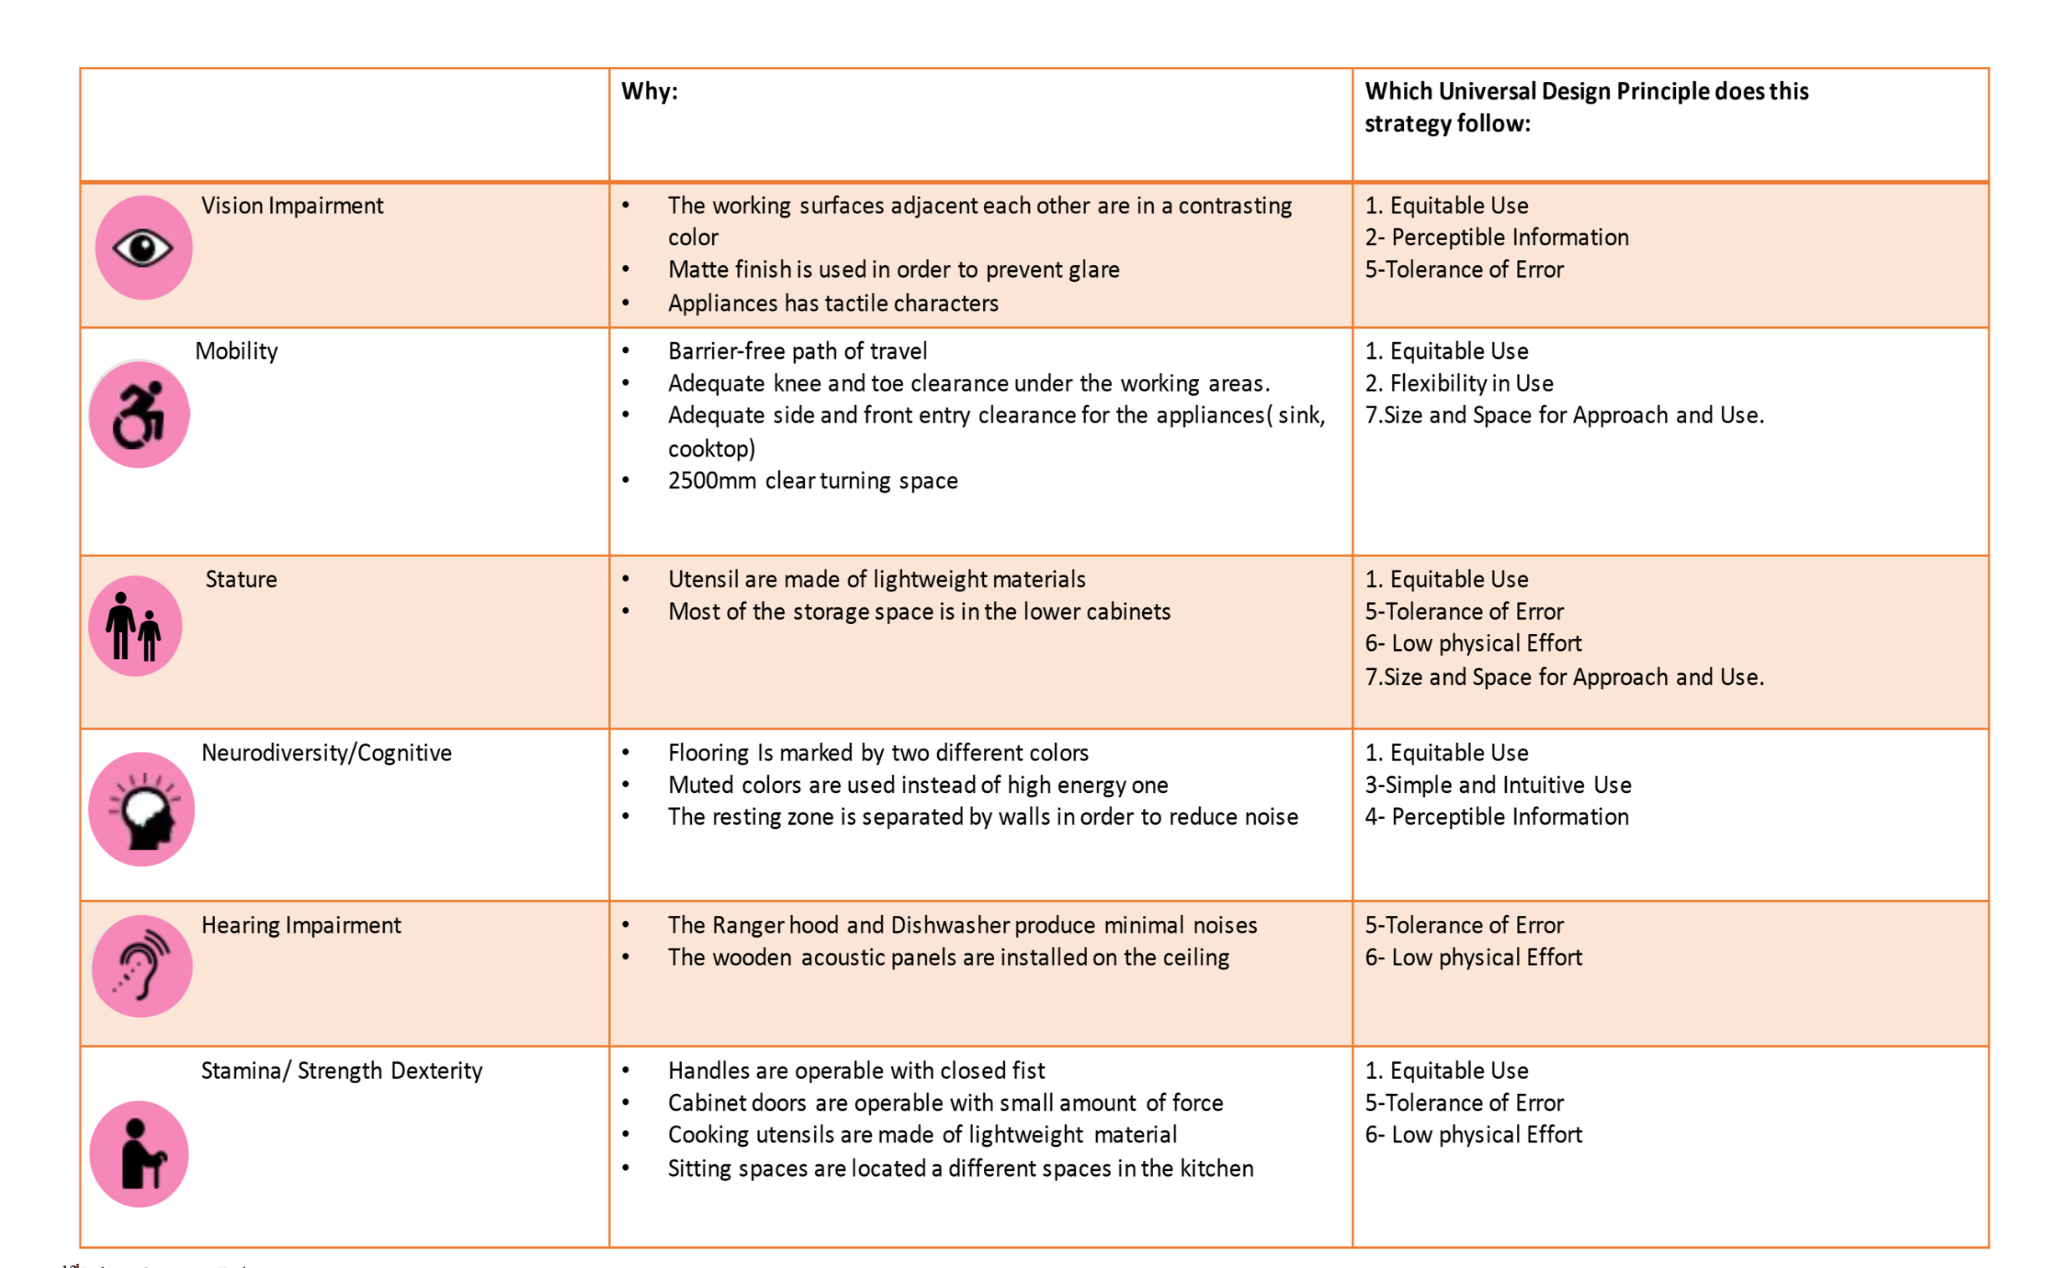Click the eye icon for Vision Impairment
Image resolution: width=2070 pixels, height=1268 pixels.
click(x=143, y=248)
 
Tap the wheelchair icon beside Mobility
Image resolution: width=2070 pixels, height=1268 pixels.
click(x=140, y=415)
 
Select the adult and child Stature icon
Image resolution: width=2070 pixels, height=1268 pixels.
click(x=136, y=626)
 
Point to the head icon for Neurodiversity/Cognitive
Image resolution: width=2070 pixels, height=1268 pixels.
click(x=142, y=810)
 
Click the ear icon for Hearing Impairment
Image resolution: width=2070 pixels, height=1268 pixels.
click(x=142, y=967)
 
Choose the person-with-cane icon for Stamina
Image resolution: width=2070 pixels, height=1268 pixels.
click(x=140, y=1154)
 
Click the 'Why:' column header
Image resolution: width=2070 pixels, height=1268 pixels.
click(x=649, y=91)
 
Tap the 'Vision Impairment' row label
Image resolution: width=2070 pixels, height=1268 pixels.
click(x=291, y=206)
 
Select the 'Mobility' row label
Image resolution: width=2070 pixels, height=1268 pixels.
click(x=236, y=351)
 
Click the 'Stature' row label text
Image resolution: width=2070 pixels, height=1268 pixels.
click(x=241, y=580)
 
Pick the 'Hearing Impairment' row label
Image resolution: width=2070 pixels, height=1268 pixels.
click(x=300, y=925)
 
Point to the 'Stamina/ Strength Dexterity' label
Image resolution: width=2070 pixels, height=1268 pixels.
click(x=341, y=1071)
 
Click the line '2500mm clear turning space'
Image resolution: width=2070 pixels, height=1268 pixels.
click(x=812, y=480)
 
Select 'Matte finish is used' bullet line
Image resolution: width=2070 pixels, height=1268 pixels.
click(x=893, y=269)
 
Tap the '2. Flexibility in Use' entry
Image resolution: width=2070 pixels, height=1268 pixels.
click(x=1459, y=383)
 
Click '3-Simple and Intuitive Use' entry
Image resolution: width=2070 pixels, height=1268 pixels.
click(x=1498, y=785)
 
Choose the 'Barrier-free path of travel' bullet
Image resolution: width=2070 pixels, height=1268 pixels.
click(x=797, y=351)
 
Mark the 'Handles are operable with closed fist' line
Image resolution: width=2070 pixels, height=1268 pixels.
click(x=856, y=1071)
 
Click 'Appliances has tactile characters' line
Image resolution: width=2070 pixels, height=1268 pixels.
click(x=833, y=303)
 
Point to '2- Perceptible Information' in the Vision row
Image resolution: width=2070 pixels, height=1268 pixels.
click(x=1496, y=238)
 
